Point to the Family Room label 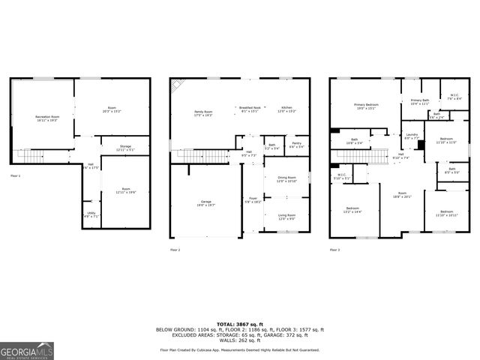click(204, 113)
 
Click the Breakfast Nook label click(250, 109)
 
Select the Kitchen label click(286, 109)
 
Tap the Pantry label click(296, 145)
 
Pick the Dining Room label click(286, 179)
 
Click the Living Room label click(286, 217)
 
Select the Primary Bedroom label click(366, 106)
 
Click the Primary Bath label click(419, 101)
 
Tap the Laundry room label click(412, 136)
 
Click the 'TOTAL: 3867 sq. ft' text click(239, 324)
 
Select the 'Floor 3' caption click(334, 249)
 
